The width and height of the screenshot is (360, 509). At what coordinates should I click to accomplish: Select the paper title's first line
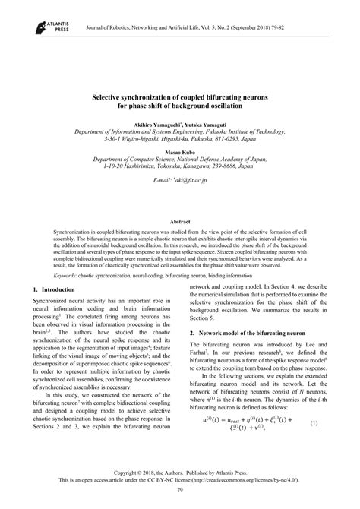179,100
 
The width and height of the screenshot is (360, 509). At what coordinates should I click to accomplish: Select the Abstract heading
179,220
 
